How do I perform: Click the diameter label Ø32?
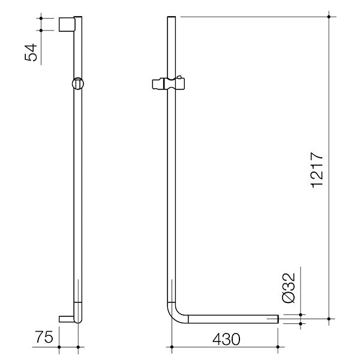click(x=289, y=289)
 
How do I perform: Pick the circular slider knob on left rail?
click(x=77, y=84)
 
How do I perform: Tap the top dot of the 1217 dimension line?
click(x=329, y=17)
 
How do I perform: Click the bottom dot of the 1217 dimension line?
click(x=329, y=317)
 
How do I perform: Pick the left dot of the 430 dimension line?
click(x=172, y=346)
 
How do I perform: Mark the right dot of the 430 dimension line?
click(x=278, y=346)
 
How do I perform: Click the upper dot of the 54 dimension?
click(x=41, y=18)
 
